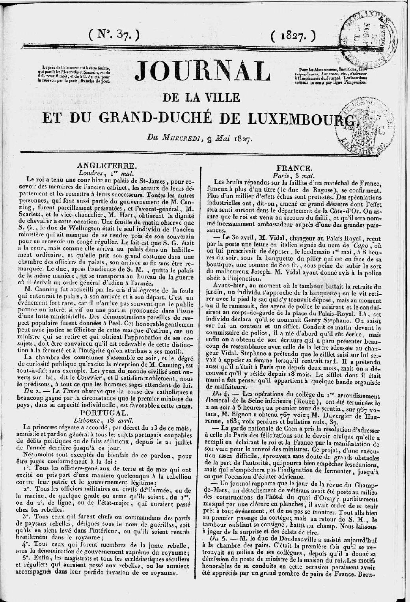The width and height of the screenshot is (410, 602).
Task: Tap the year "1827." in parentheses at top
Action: click(294, 36)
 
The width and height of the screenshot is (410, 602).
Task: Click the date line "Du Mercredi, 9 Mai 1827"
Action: click(200, 138)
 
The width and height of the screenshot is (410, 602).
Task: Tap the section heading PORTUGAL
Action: click(102, 412)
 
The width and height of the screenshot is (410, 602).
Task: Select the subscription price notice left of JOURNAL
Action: click(75, 75)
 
